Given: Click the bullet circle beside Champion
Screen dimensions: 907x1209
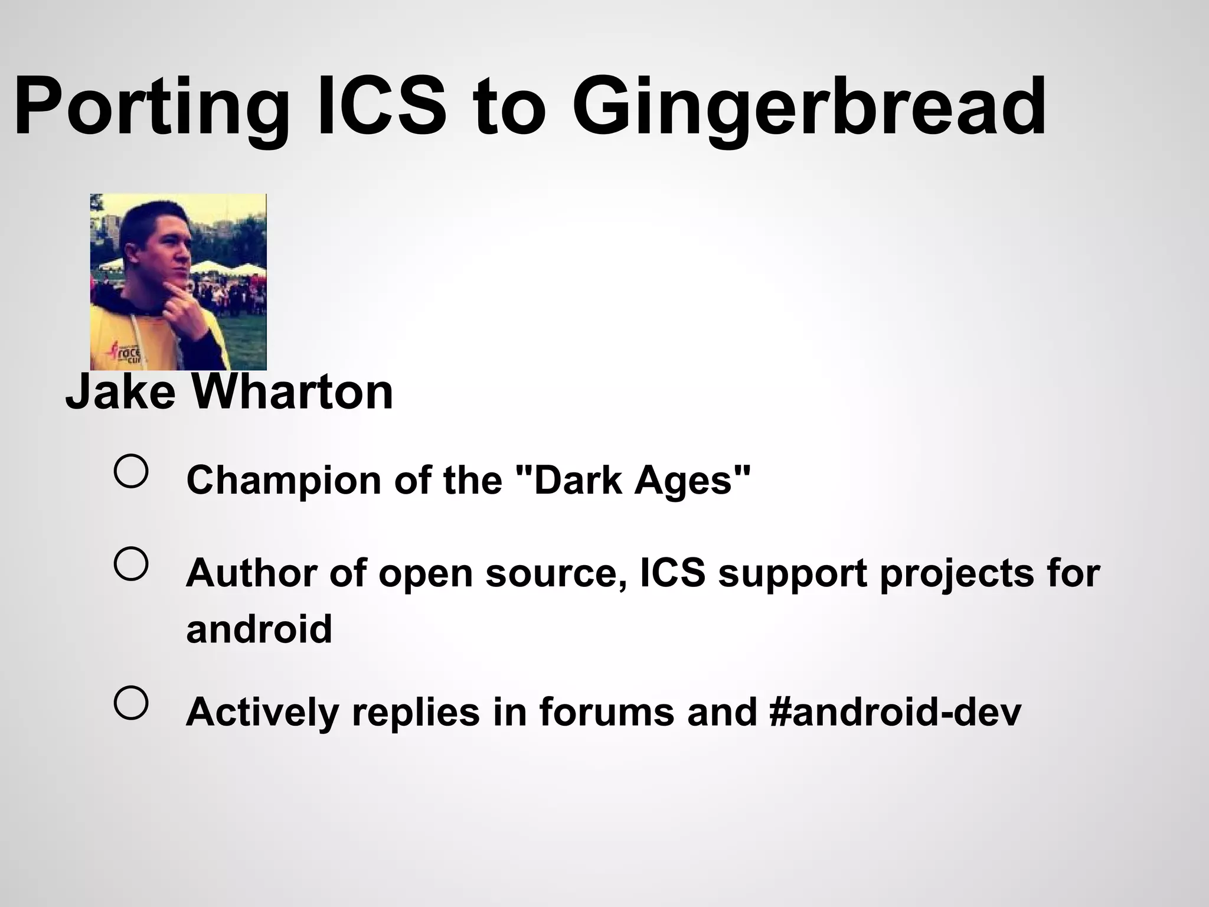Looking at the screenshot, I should tap(130, 471).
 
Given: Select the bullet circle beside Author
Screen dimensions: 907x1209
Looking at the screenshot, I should tap(130, 563).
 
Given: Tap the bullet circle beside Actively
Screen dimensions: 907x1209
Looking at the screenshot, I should tap(130, 703).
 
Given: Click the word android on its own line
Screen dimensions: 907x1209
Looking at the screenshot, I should tap(259, 629).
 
